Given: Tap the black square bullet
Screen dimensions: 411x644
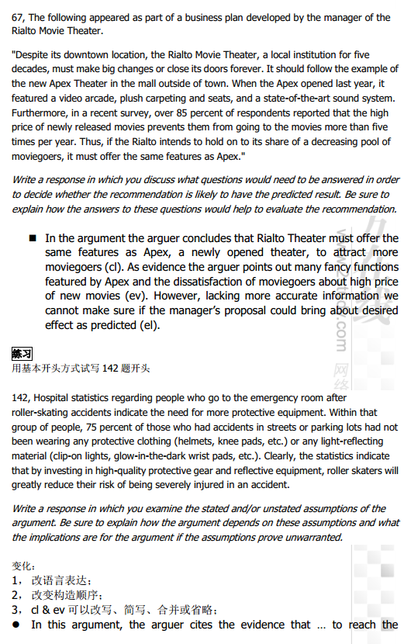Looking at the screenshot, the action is (33, 238).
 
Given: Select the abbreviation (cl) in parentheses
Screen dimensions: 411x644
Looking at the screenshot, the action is (113, 267).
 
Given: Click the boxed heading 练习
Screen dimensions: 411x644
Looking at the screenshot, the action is (22, 354).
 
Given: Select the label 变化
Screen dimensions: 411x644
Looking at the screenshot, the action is (24, 566).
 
